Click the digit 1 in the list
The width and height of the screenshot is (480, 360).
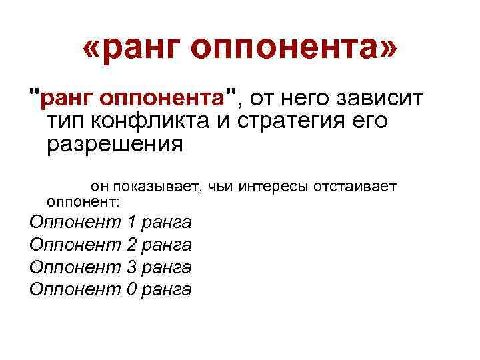pyautogui.click(x=131, y=222)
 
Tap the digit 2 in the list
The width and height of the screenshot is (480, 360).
pyautogui.click(x=131, y=245)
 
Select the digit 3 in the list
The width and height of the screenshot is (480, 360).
pyautogui.click(x=131, y=267)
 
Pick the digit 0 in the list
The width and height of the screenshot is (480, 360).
pyautogui.click(x=131, y=289)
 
